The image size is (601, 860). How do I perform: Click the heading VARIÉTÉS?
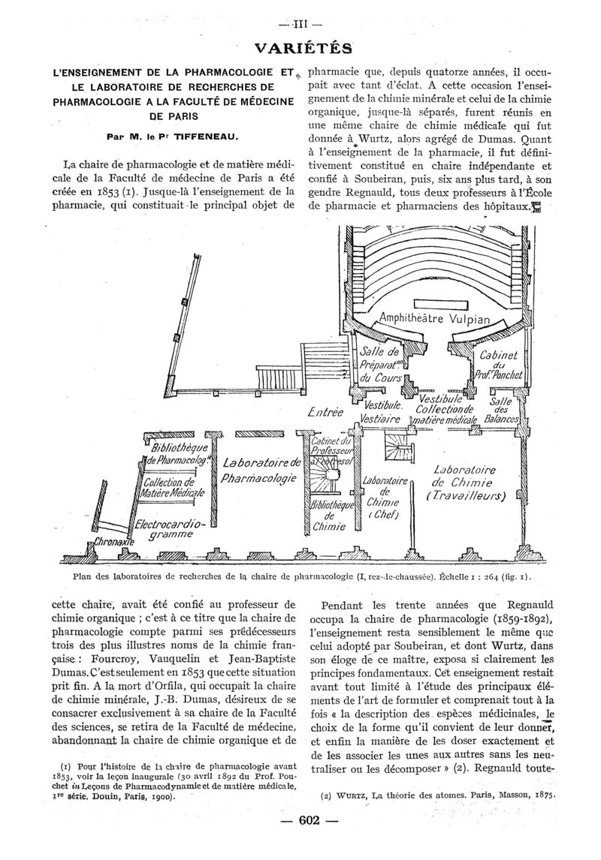(302, 49)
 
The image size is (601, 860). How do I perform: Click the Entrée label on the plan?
(325, 411)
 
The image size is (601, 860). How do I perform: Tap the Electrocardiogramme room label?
(170, 531)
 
